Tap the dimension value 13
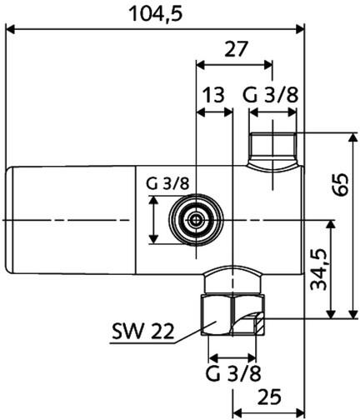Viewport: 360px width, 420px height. click(x=213, y=95)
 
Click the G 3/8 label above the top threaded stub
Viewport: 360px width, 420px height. click(x=270, y=95)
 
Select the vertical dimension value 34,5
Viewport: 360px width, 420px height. click(x=317, y=268)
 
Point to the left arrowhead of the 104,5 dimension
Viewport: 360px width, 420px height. click(x=12, y=31)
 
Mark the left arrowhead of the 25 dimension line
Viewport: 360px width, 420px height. click(x=237, y=410)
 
